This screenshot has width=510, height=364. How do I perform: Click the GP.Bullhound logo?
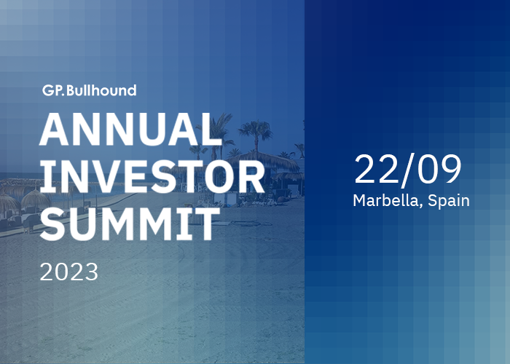pos(90,90)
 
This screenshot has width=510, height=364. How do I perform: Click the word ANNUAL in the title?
pos(130,130)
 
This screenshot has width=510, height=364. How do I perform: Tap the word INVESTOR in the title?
pos(152,177)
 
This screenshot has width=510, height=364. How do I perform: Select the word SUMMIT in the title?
pos(130,224)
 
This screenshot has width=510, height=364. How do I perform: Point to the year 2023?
pos(68,272)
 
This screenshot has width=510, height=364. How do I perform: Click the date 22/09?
pos(408,170)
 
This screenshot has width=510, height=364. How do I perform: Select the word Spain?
pos(449,201)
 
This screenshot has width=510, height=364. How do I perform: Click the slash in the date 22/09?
pos(408,170)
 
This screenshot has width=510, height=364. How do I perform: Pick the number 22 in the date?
pos(377,170)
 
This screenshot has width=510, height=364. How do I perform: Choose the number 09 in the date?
pos(439,170)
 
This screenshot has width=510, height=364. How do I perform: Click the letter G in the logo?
pos(48,91)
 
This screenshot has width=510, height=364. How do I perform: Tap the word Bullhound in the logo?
pos(101,90)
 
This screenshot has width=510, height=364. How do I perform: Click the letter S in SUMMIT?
pos(54,224)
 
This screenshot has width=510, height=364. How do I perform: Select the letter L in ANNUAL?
pos(211,130)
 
